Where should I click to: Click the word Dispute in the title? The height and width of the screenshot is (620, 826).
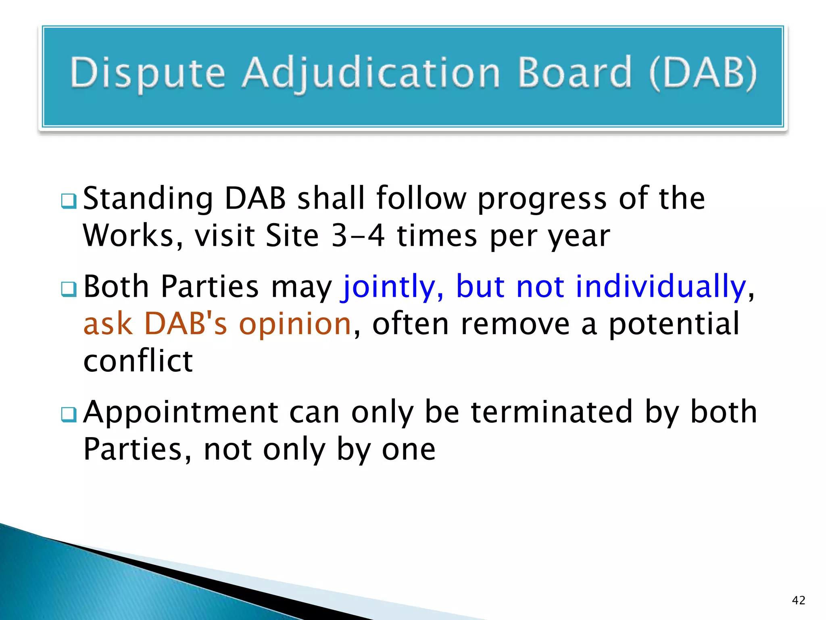click(x=147, y=73)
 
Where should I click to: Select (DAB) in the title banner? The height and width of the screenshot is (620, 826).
click(x=703, y=73)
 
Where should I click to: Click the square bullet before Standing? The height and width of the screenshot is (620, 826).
click(x=69, y=201)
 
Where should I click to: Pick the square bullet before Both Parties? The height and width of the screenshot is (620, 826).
click(x=69, y=289)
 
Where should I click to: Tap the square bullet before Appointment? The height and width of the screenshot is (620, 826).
click(x=69, y=415)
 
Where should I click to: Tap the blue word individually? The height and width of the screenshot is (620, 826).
click(x=661, y=287)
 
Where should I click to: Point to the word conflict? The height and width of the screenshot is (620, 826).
click(x=138, y=361)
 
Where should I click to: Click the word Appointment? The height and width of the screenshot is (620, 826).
click(x=180, y=413)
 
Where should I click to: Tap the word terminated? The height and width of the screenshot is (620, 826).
click(x=551, y=413)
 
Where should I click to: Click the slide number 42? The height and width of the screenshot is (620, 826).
click(x=798, y=600)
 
